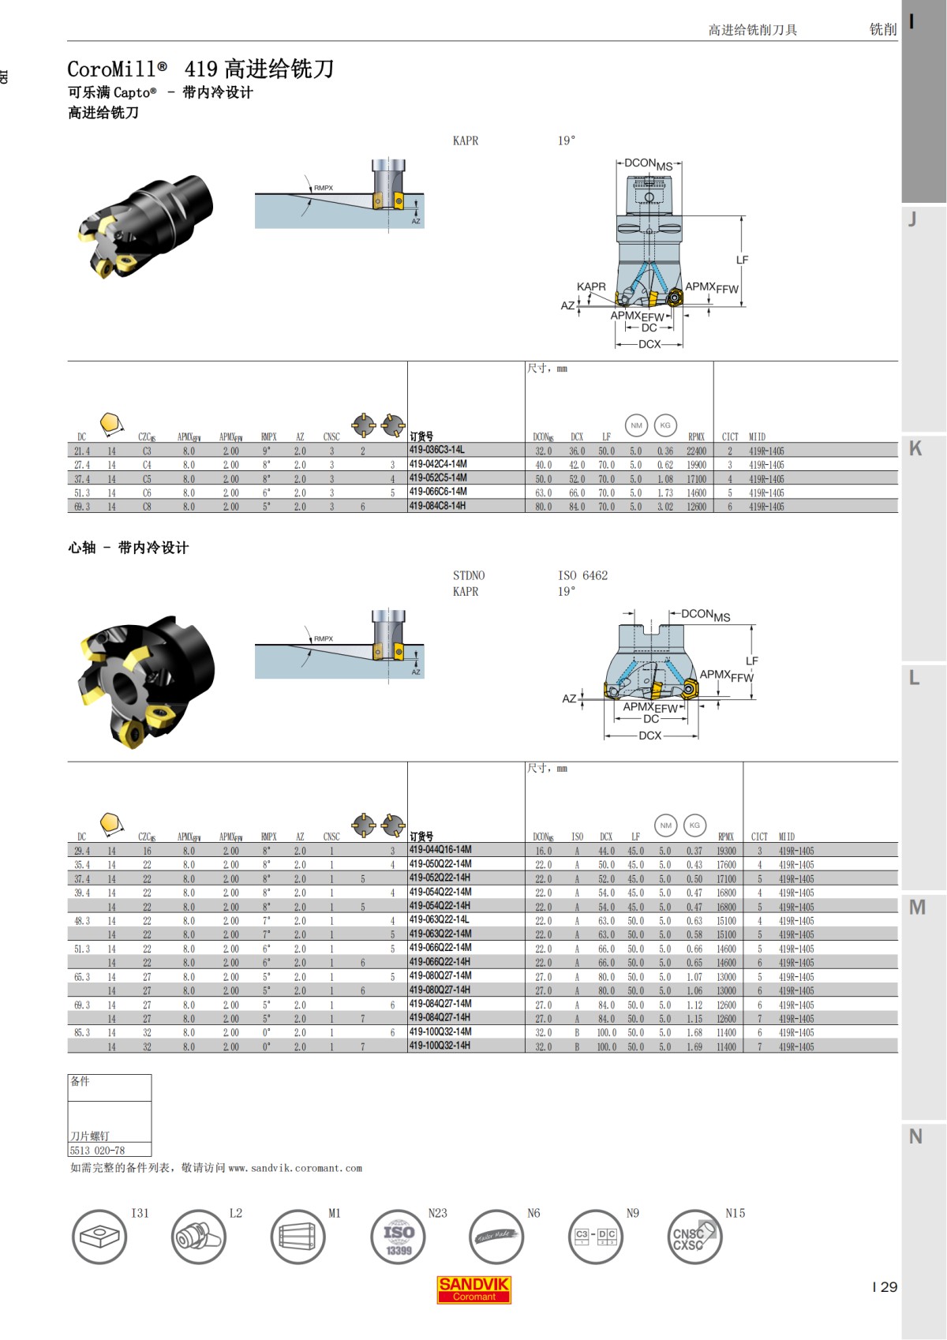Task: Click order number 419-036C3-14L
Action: (436, 450)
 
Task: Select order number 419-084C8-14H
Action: (437, 506)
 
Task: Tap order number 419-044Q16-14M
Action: (440, 850)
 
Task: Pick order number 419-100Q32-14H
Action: (440, 1046)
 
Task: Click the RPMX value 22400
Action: (696, 451)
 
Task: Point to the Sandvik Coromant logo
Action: (473, 1289)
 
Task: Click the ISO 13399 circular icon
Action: (398, 1237)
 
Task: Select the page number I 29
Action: (885, 1287)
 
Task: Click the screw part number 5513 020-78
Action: (97, 1151)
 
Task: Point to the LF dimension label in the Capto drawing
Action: (742, 260)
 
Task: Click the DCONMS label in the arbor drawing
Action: (706, 615)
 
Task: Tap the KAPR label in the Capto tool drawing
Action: (591, 286)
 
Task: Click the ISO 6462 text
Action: (582, 575)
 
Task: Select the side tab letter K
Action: (915, 448)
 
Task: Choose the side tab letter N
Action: (915, 1136)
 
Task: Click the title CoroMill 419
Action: (200, 69)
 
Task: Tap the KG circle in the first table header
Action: (665, 425)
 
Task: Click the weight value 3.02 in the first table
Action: (665, 507)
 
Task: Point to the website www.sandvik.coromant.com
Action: (295, 1168)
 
